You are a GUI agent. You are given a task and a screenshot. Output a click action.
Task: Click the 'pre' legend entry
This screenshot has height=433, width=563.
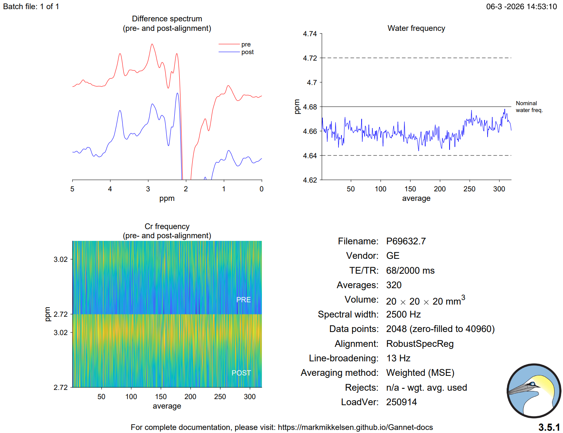click(x=246, y=45)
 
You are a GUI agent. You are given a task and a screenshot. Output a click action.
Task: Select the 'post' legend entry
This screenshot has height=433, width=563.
click(x=247, y=52)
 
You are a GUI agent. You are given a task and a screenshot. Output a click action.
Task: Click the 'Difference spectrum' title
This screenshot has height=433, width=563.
click(x=167, y=19)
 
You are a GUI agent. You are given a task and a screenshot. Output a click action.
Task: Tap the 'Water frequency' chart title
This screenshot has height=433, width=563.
click(x=416, y=28)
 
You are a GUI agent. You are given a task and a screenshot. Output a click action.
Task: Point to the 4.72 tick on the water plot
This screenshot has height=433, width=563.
click(x=310, y=58)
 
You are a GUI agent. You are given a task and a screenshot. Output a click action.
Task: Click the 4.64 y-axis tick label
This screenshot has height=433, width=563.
click(x=310, y=156)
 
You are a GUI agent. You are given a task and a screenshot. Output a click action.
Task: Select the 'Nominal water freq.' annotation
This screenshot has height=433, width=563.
click(x=529, y=107)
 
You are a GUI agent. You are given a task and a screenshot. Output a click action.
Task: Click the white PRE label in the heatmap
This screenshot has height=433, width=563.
click(x=243, y=300)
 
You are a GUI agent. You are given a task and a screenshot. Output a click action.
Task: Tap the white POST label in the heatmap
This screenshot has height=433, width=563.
click(x=241, y=373)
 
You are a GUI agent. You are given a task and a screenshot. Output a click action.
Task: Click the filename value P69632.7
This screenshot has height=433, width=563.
click(x=406, y=241)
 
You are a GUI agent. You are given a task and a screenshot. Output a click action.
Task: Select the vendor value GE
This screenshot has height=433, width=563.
click(x=393, y=256)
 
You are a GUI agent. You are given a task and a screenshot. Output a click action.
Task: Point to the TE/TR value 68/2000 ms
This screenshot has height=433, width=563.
click(x=410, y=271)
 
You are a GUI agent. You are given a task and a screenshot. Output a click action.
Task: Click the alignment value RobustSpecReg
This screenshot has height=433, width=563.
click(x=419, y=344)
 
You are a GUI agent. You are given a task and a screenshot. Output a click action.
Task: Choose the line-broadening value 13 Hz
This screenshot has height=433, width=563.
click(x=398, y=358)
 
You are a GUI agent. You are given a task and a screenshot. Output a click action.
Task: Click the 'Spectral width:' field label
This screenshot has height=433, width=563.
click(x=348, y=314)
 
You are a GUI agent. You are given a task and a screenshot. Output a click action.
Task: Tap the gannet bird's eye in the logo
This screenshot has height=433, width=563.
click(x=533, y=384)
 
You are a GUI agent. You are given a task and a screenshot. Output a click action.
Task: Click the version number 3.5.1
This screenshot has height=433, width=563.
click(x=549, y=427)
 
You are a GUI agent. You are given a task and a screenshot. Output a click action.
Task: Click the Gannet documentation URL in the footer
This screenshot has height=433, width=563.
click(x=355, y=427)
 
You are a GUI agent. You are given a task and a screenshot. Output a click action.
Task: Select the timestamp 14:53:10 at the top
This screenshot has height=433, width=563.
click(x=542, y=6)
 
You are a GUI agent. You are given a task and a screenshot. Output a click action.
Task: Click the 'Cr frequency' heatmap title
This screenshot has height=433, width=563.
click(x=167, y=226)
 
